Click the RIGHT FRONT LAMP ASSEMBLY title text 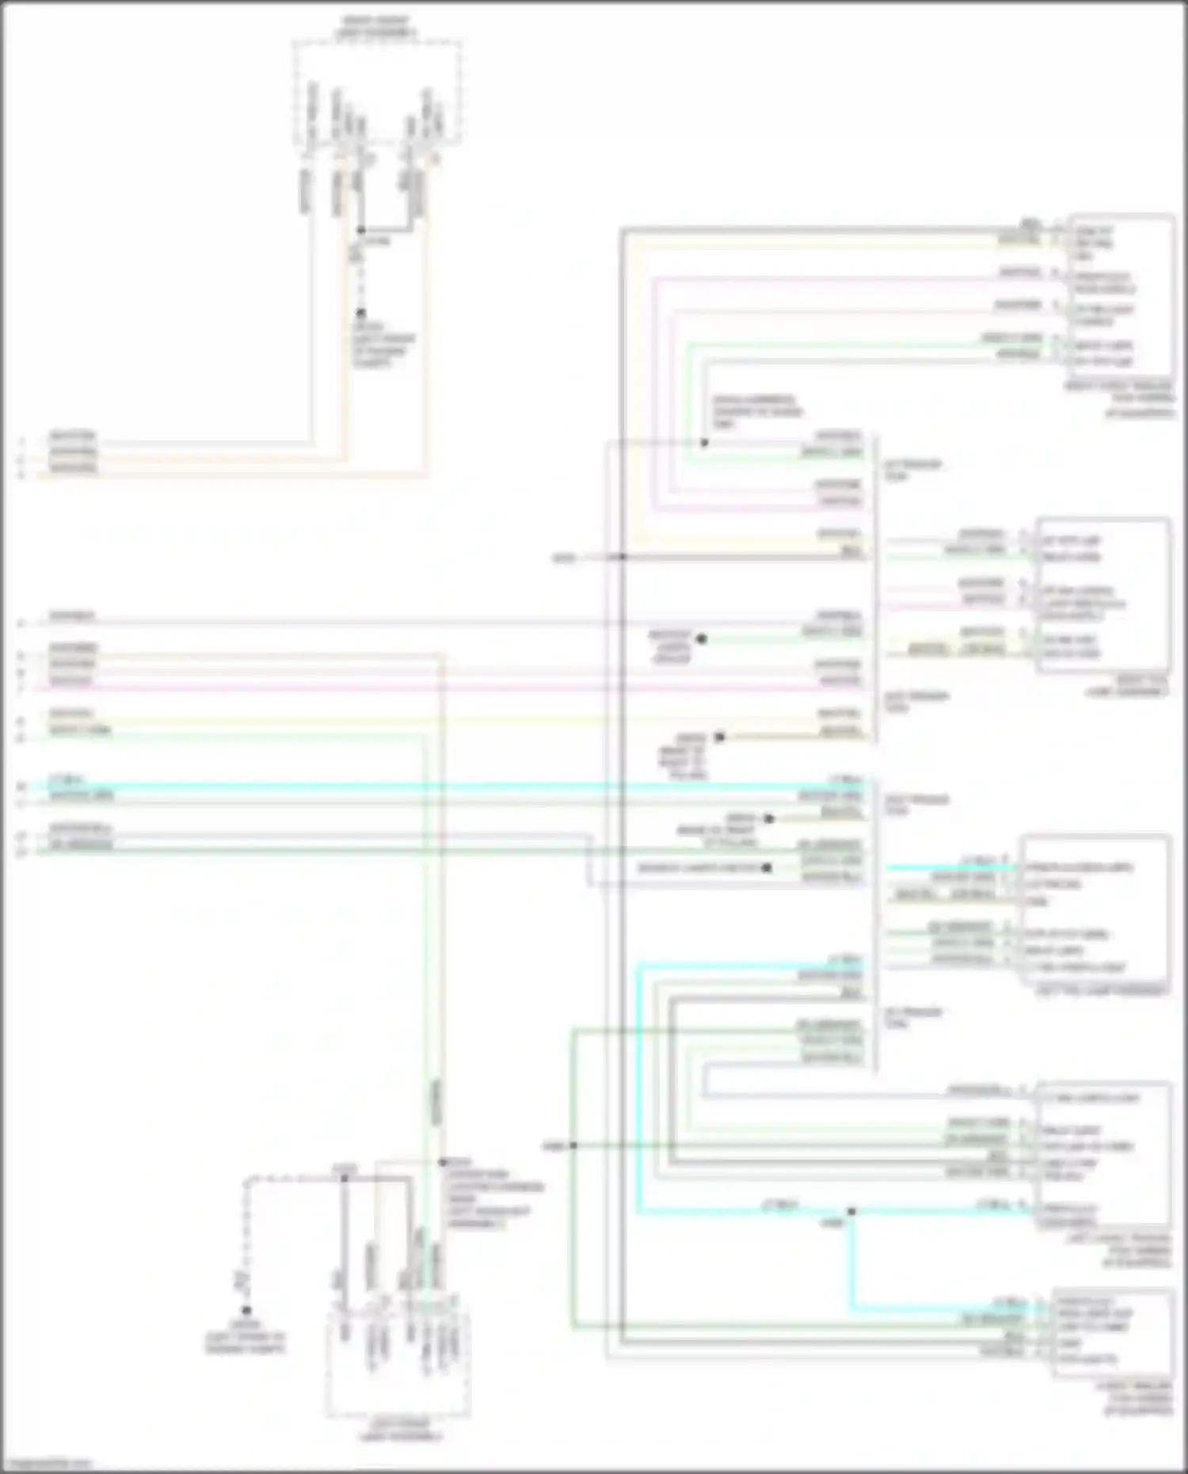tap(377, 27)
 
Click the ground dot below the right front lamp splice tap(360, 313)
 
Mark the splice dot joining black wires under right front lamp tap(361, 230)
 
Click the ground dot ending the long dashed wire tap(246, 1311)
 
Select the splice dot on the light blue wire tap(851, 1212)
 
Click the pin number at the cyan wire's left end tap(22, 787)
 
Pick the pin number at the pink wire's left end tap(22, 688)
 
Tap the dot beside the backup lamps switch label tap(766, 868)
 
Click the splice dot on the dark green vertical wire tap(573, 1145)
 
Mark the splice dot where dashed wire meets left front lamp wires tap(345, 1179)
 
